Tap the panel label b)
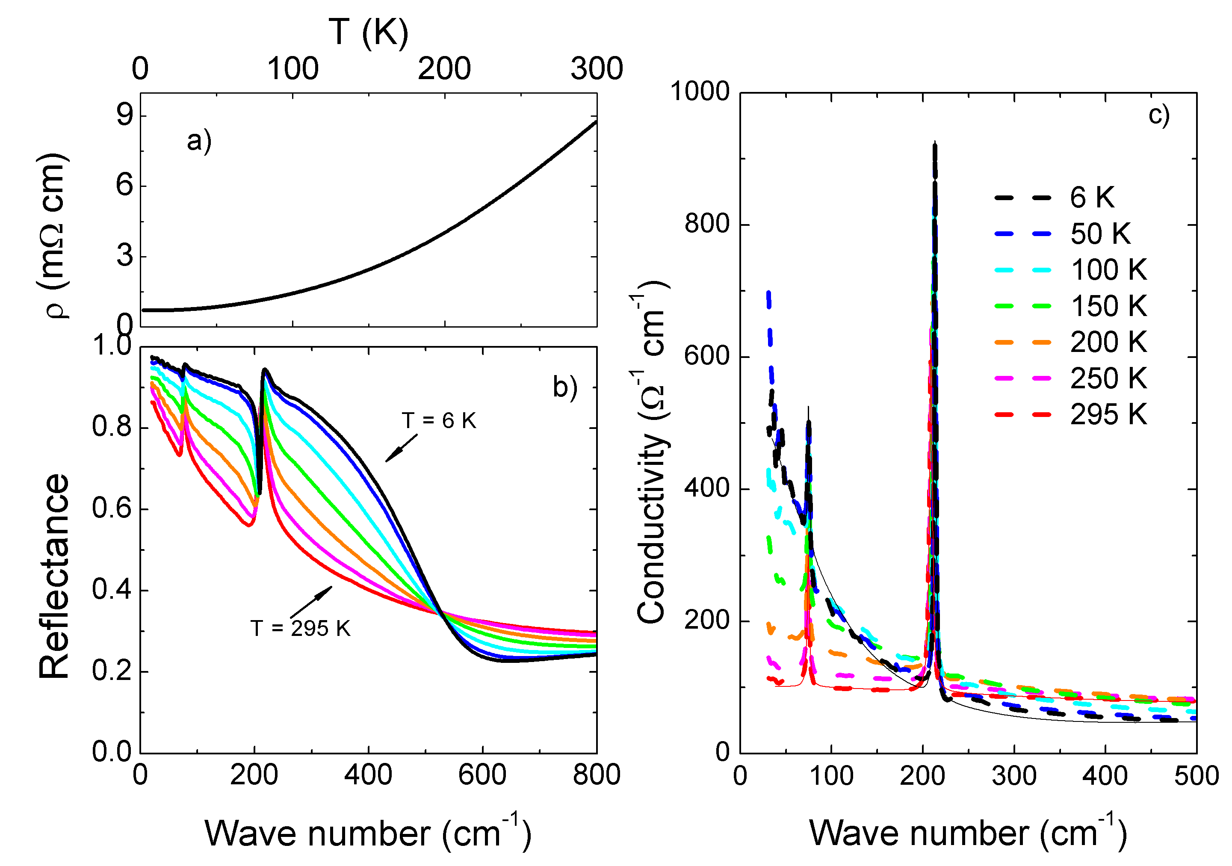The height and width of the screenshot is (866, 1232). click(565, 387)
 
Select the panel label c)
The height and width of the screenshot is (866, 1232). click(1159, 115)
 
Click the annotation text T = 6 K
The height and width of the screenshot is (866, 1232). click(439, 421)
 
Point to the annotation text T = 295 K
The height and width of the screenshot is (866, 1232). click(301, 628)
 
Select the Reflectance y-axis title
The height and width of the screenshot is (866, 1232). click(53, 577)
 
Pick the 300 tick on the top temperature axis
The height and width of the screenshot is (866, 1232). click(597, 69)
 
